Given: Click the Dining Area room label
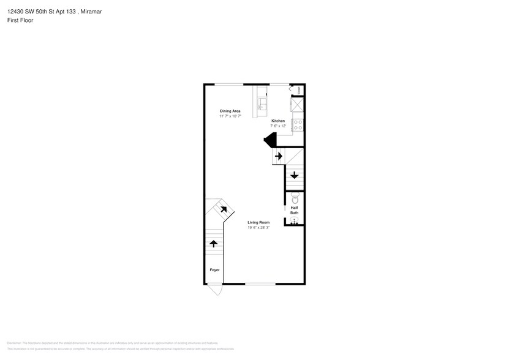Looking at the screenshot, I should (230, 111).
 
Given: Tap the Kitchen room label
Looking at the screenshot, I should (278, 121).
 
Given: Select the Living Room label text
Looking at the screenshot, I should (258, 222).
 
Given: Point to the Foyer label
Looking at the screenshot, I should (214, 270).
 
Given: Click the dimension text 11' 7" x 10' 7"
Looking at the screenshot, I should (230, 116).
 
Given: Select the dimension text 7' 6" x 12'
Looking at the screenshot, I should (278, 126).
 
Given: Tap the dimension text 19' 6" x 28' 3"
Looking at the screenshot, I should (258, 228).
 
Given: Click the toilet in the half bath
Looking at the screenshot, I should (295, 198).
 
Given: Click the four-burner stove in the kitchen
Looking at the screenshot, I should (297, 125).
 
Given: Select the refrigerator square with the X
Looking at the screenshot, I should (297, 105).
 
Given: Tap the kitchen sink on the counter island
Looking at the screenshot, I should (262, 102).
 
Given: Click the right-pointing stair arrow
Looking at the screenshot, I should (279, 156).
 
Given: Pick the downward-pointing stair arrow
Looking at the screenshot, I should (295, 176).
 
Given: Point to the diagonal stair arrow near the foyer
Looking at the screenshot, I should (223, 209).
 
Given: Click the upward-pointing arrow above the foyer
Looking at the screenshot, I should (214, 244).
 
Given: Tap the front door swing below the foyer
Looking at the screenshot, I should (214, 290).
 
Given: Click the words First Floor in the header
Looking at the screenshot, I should (21, 20).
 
